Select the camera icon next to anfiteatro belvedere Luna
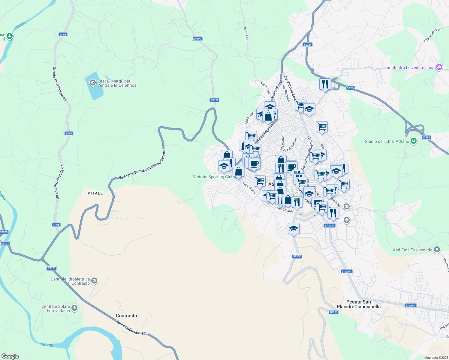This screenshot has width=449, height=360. click(x=439, y=67)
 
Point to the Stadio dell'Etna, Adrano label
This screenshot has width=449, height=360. click(x=387, y=141)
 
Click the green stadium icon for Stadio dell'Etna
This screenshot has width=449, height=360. click(x=414, y=141)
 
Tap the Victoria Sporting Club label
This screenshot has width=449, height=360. click(x=213, y=177)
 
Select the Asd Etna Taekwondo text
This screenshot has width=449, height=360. click(x=412, y=250)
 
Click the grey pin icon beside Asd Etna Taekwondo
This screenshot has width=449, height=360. click(x=437, y=250)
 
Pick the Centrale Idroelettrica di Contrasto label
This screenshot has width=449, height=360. click(x=70, y=281)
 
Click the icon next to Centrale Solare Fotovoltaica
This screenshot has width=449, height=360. click(x=74, y=308)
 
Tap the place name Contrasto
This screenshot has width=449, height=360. click(x=126, y=316)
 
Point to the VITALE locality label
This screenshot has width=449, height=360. click(x=95, y=193)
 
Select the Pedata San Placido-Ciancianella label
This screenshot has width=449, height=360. click(x=359, y=304)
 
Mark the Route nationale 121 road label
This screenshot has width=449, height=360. click(x=132, y=327)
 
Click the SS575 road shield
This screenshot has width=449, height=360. click(x=4, y=232)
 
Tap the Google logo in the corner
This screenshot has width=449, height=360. click(x=10, y=356)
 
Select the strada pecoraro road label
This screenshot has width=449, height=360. click(x=433, y=35)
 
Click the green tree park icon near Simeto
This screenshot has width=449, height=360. click(x=10, y=36)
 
